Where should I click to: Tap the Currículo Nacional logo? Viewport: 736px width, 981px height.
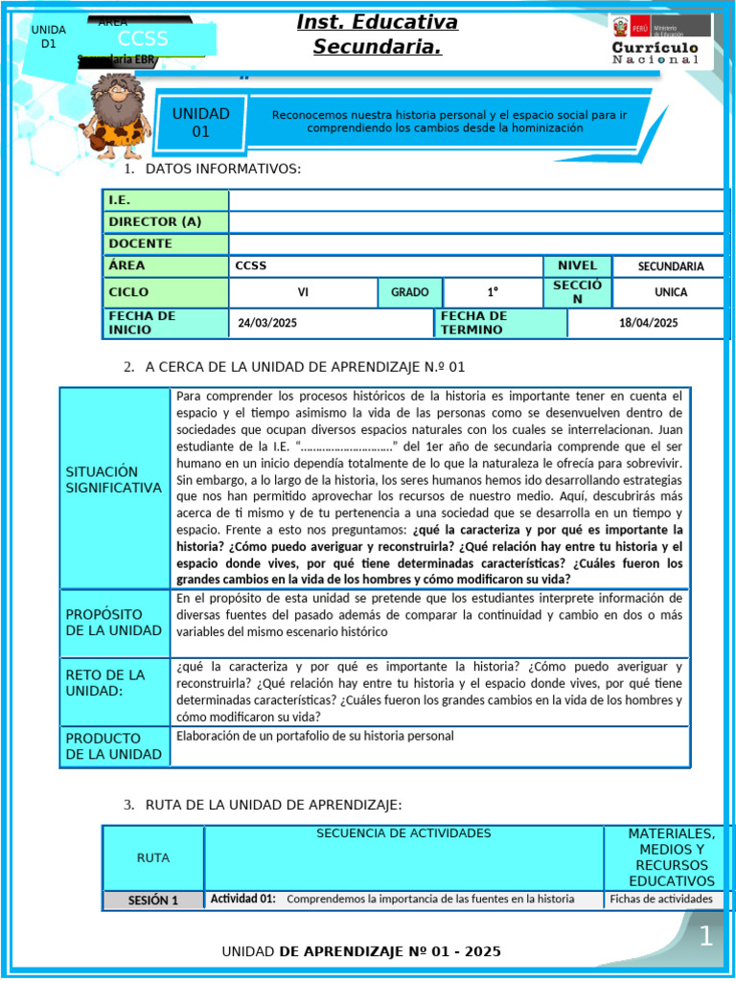(655, 40)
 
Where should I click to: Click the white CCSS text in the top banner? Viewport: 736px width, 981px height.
(143, 39)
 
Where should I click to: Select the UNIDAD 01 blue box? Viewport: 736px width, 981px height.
(200, 122)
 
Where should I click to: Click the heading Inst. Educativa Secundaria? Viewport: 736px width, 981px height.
(377, 34)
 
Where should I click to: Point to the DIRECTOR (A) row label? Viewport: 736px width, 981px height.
(155, 221)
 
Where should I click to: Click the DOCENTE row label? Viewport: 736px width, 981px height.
(141, 243)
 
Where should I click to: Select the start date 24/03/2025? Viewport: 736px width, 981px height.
(267, 323)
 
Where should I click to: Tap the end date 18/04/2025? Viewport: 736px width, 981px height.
(648, 323)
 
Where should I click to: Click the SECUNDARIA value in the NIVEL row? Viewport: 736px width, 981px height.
(670, 266)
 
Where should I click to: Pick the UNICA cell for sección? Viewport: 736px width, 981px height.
(670, 292)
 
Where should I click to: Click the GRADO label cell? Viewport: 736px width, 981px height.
(410, 292)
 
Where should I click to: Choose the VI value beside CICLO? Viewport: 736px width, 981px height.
(303, 292)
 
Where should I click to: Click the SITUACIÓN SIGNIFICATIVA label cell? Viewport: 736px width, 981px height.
(114, 480)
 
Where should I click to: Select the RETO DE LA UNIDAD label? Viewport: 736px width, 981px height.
(105, 683)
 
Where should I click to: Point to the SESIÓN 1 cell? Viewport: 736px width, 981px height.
(153, 900)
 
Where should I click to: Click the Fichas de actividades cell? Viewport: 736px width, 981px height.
(661, 899)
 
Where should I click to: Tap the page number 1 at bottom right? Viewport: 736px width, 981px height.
(705, 937)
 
